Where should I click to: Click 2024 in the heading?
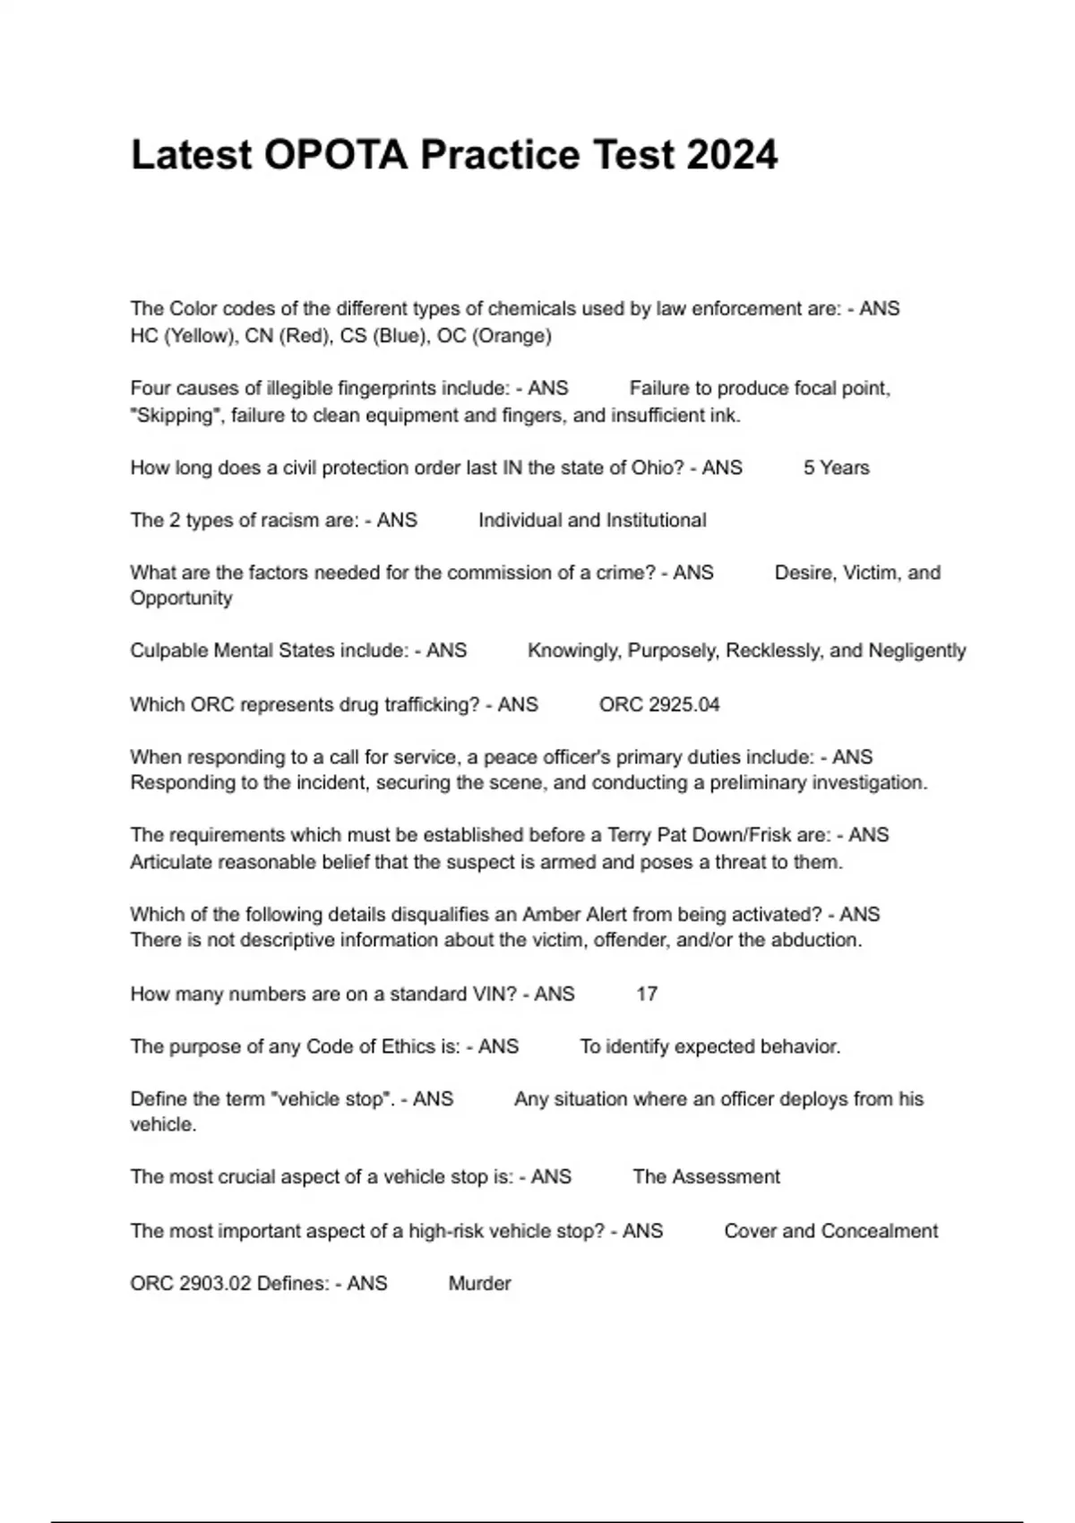[732, 155]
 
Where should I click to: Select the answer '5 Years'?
[836, 468]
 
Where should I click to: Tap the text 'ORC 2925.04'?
[659, 705]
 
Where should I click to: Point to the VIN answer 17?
[647, 994]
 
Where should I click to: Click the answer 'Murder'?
[479, 1283]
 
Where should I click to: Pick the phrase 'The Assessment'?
[706, 1176]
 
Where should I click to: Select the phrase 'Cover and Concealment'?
[830, 1231]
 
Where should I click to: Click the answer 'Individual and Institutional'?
[592, 521]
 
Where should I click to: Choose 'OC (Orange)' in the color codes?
[494, 336]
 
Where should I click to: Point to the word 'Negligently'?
[917, 650]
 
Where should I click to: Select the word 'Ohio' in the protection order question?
[657, 468]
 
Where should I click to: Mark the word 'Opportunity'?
[181, 598]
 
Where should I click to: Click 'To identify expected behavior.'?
[709, 1046]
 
